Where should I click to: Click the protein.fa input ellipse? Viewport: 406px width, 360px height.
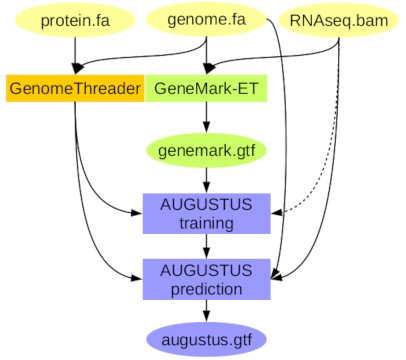75,20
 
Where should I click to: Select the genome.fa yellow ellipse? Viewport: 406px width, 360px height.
206,19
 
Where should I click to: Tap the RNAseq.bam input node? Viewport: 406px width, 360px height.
339,20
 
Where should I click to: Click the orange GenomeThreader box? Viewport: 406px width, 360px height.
75,88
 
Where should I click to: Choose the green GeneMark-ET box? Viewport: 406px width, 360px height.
206,88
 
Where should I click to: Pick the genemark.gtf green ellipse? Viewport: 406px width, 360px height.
206,150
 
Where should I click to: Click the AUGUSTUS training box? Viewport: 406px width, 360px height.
206,213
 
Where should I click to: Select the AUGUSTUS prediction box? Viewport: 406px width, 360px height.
206,279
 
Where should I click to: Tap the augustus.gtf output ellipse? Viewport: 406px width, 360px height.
206,340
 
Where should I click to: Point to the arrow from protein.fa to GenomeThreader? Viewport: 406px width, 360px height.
75,56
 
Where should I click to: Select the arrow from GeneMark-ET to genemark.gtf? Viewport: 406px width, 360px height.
206,117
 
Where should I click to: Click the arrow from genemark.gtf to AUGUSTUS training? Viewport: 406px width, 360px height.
206,180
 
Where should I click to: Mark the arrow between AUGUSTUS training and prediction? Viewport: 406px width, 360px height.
206,246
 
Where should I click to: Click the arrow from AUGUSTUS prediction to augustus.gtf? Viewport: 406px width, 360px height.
206,311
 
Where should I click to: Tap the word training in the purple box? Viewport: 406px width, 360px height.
206,223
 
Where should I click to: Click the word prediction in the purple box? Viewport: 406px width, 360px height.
206,289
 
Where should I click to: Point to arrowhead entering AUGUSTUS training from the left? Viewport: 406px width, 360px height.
137,213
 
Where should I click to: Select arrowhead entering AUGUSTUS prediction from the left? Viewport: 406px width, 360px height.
137,278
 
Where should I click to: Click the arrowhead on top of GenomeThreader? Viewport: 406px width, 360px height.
78,68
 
